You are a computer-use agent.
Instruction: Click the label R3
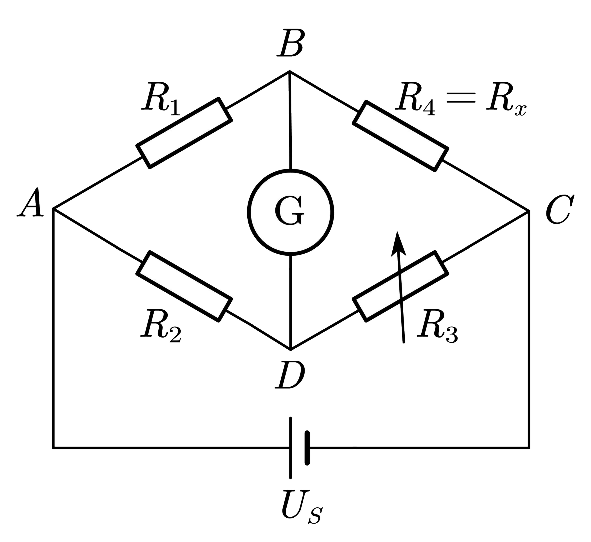tap(437, 326)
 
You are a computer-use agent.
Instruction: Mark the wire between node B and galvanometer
tap(290, 120)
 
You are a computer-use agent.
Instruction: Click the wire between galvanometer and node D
tap(290, 302)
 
